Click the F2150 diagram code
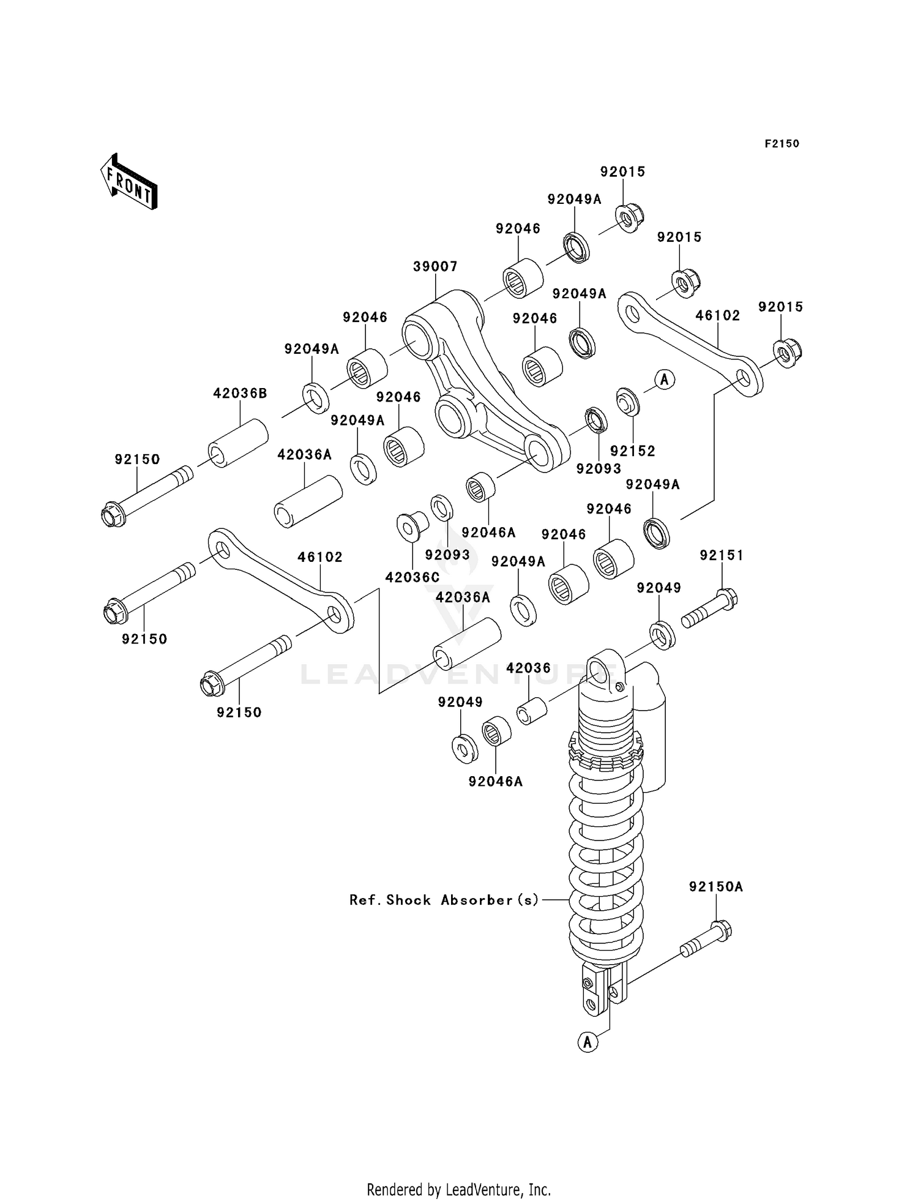pyautogui.click(x=782, y=144)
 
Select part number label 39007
pyautogui.click(x=435, y=267)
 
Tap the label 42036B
pyautogui.click(x=240, y=394)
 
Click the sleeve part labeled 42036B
pyautogui.click(x=239, y=444)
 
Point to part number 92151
pyautogui.click(x=722, y=555)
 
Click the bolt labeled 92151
pyautogui.click(x=710, y=608)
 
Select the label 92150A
pyautogui.click(x=715, y=886)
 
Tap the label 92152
pyautogui.click(x=633, y=451)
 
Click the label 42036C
pyautogui.click(x=412, y=577)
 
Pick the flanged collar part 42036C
pyautogui.click(x=412, y=525)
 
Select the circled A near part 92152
pyautogui.click(x=665, y=380)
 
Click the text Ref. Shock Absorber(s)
pyautogui.click(x=444, y=900)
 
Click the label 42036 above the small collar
pyautogui.click(x=528, y=668)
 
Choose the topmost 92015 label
pyautogui.click(x=622, y=172)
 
